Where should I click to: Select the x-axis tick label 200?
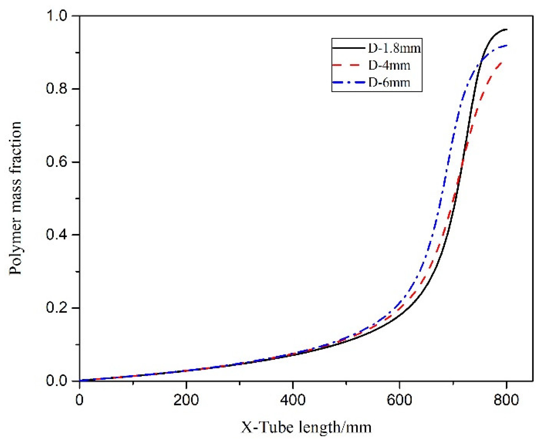(186, 400)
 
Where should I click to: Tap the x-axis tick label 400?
(293, 400)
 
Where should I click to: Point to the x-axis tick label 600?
(399, 400)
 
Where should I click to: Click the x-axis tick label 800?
(506, 400)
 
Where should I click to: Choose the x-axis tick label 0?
(80, 400)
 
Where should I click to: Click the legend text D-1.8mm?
(394, 48)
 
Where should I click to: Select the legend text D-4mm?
(389, 66)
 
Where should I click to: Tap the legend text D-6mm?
(389, 83)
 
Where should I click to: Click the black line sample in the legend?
(348, 48)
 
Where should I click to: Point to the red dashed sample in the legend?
(348, 65)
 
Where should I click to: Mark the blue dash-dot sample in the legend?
(348, 83)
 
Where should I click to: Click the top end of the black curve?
(506, 29)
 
